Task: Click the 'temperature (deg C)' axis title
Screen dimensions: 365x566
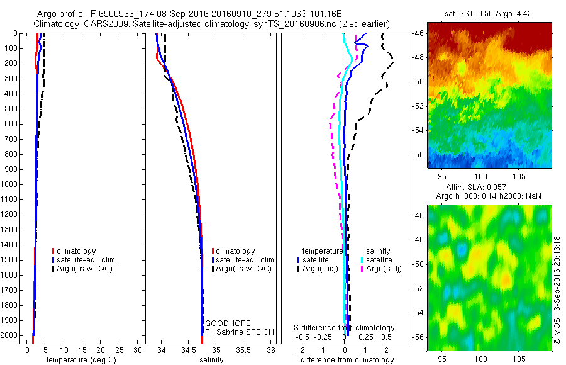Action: (x=79, y=360)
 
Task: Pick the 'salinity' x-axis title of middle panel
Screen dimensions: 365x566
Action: (x=211, y=360)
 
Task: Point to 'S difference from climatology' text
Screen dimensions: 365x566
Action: (x=345, y=328)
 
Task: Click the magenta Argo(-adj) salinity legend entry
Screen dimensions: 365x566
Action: (x=384, y=269)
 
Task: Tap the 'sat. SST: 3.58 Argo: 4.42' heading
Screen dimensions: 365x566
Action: (x=481, y=14)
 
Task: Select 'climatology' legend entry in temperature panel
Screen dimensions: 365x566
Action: (x=75, y=251)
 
